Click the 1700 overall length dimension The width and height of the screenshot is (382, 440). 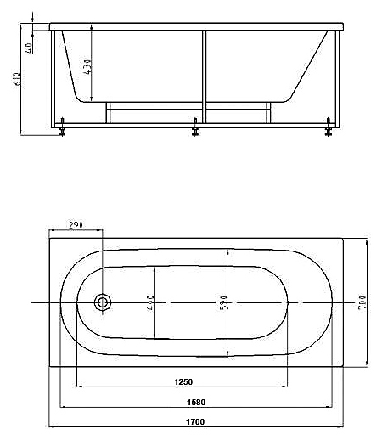tap(195, 422)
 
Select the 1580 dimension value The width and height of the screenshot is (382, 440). tap(196, 402)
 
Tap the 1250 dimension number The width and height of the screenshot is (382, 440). tap(183, 381)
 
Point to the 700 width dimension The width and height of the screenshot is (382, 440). tap(362, 302)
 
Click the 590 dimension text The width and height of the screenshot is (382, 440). tap(223, 302)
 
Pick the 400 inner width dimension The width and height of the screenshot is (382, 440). tap(150, 302)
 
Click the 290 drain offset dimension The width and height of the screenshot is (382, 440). tap(76, 225)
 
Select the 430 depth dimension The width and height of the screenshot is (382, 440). tap(87, 66)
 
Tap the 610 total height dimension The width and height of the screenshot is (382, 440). tap(17, 79)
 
